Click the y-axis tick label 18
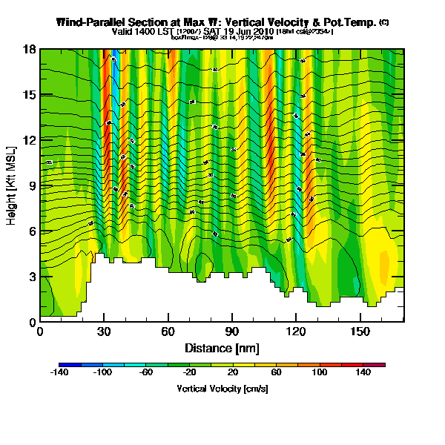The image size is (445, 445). click(x=30, y=50)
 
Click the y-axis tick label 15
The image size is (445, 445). click(x=30, y=95)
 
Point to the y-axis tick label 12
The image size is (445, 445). click(x=30, y=140)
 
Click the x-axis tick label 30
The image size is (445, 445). click(x=104, y=332)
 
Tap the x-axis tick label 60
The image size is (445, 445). click(x=168, y=332)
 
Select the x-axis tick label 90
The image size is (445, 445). click(x=232, y=332)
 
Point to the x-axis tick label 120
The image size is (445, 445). click(x=297, y=332)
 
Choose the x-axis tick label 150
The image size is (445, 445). click(x=360, y=332)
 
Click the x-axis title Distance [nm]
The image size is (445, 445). click(x=222, y=347)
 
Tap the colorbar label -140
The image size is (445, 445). click(x=59, y=373)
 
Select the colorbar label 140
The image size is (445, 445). click(x=363, y=373)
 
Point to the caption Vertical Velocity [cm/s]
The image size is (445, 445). click(x=222, y=388)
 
